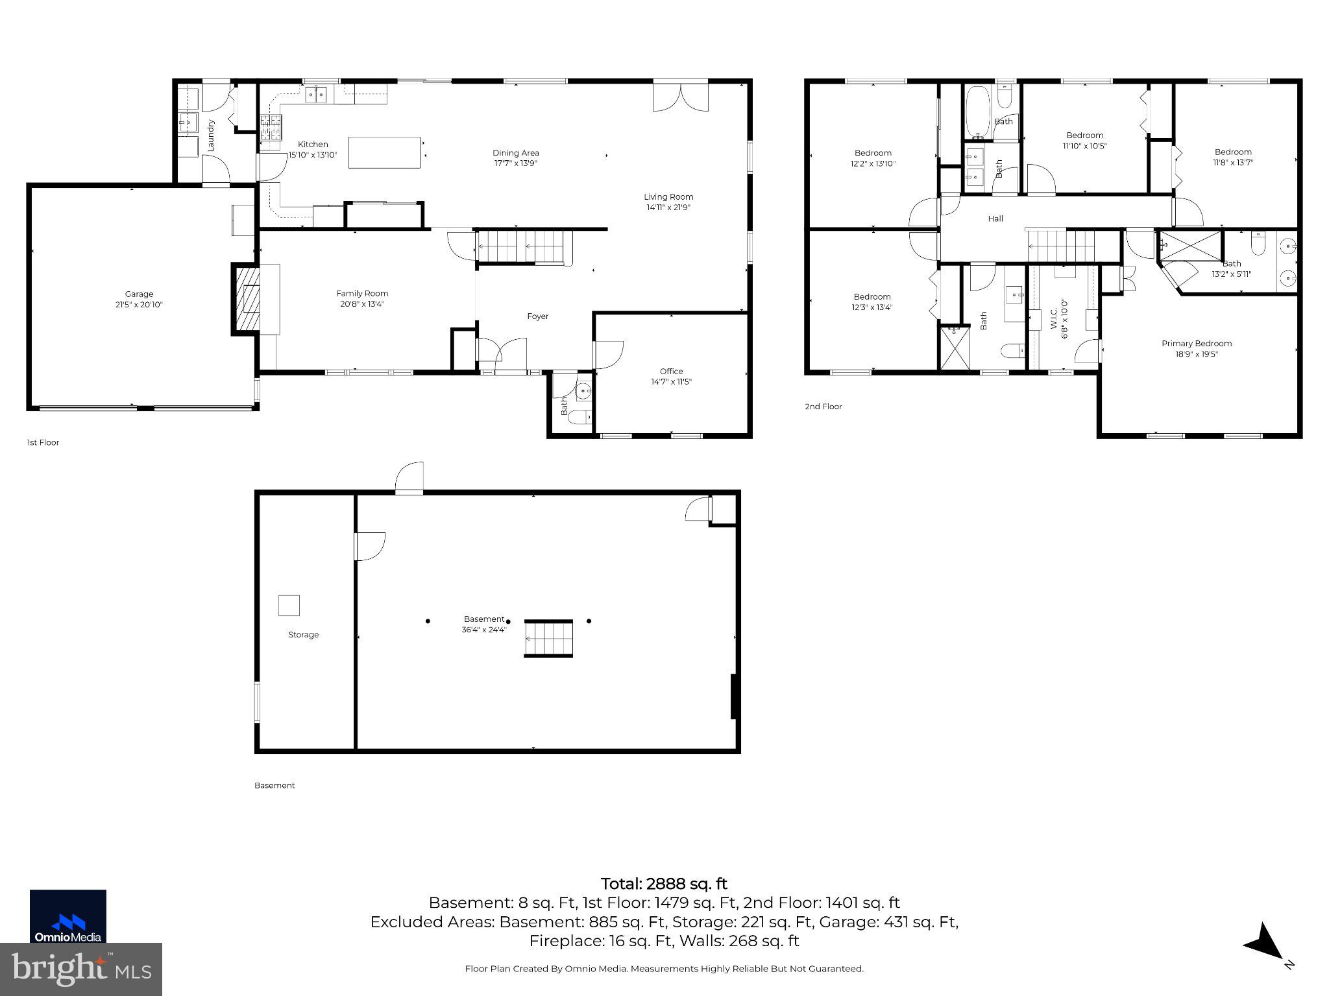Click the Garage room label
139,294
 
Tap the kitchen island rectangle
384,152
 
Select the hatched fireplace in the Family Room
247,299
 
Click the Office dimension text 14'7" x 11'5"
671,382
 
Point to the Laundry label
210,136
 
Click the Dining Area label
515,153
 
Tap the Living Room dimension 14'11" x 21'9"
668,207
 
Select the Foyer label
537,316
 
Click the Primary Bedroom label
1196,344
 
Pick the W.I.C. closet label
1053,318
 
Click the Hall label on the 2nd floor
995,219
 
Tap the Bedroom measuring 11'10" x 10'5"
1084,141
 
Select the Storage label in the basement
303,635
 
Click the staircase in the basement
549,639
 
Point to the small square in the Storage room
289,605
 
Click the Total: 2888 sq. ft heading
664,884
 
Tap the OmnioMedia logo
67,916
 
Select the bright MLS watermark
80,969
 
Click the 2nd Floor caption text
823,407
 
